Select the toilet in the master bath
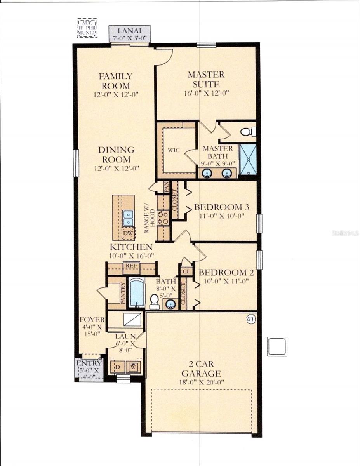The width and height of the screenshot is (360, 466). coord(247,132)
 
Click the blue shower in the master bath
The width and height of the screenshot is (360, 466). coord(247,159)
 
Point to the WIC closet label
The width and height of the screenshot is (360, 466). coord(174,150)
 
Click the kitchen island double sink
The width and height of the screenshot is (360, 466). coord(128,218)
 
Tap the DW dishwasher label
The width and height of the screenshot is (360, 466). coord(128,233)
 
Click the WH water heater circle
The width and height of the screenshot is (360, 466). coord(251,319)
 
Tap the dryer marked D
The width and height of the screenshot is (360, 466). coord(117,366)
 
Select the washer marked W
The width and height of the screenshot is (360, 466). coord(134,366)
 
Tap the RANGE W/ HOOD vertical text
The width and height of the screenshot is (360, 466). coord(150,221)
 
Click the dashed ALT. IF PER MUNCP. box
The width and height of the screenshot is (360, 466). coord(87,28)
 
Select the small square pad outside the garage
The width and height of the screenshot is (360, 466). coord(277,346)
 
